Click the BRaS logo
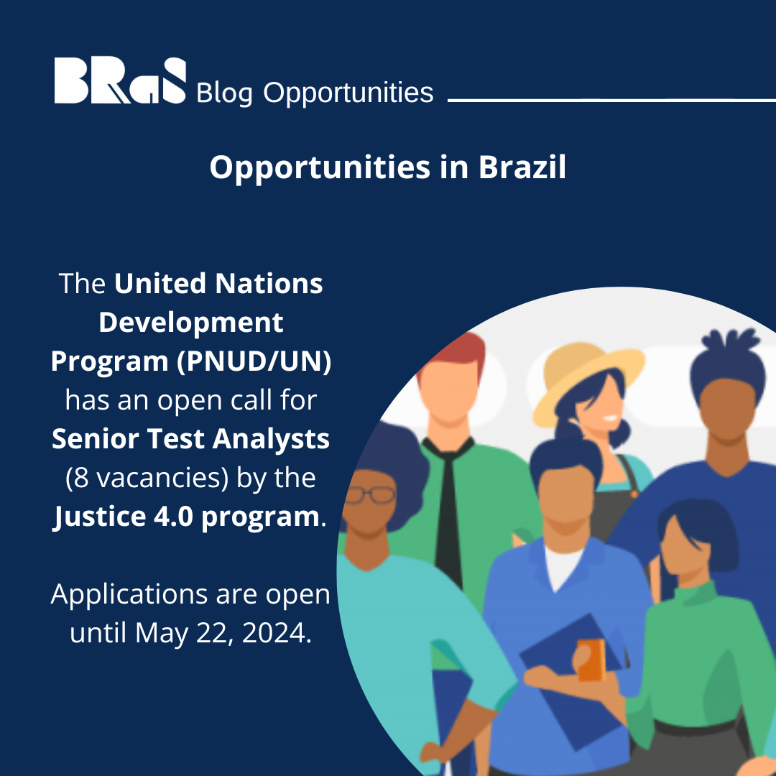click(119, 82)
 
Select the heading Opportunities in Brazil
click(388, 167)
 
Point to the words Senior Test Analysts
click(190, 439)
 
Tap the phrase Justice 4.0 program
click(185, 517)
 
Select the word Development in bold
click(190, 323)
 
